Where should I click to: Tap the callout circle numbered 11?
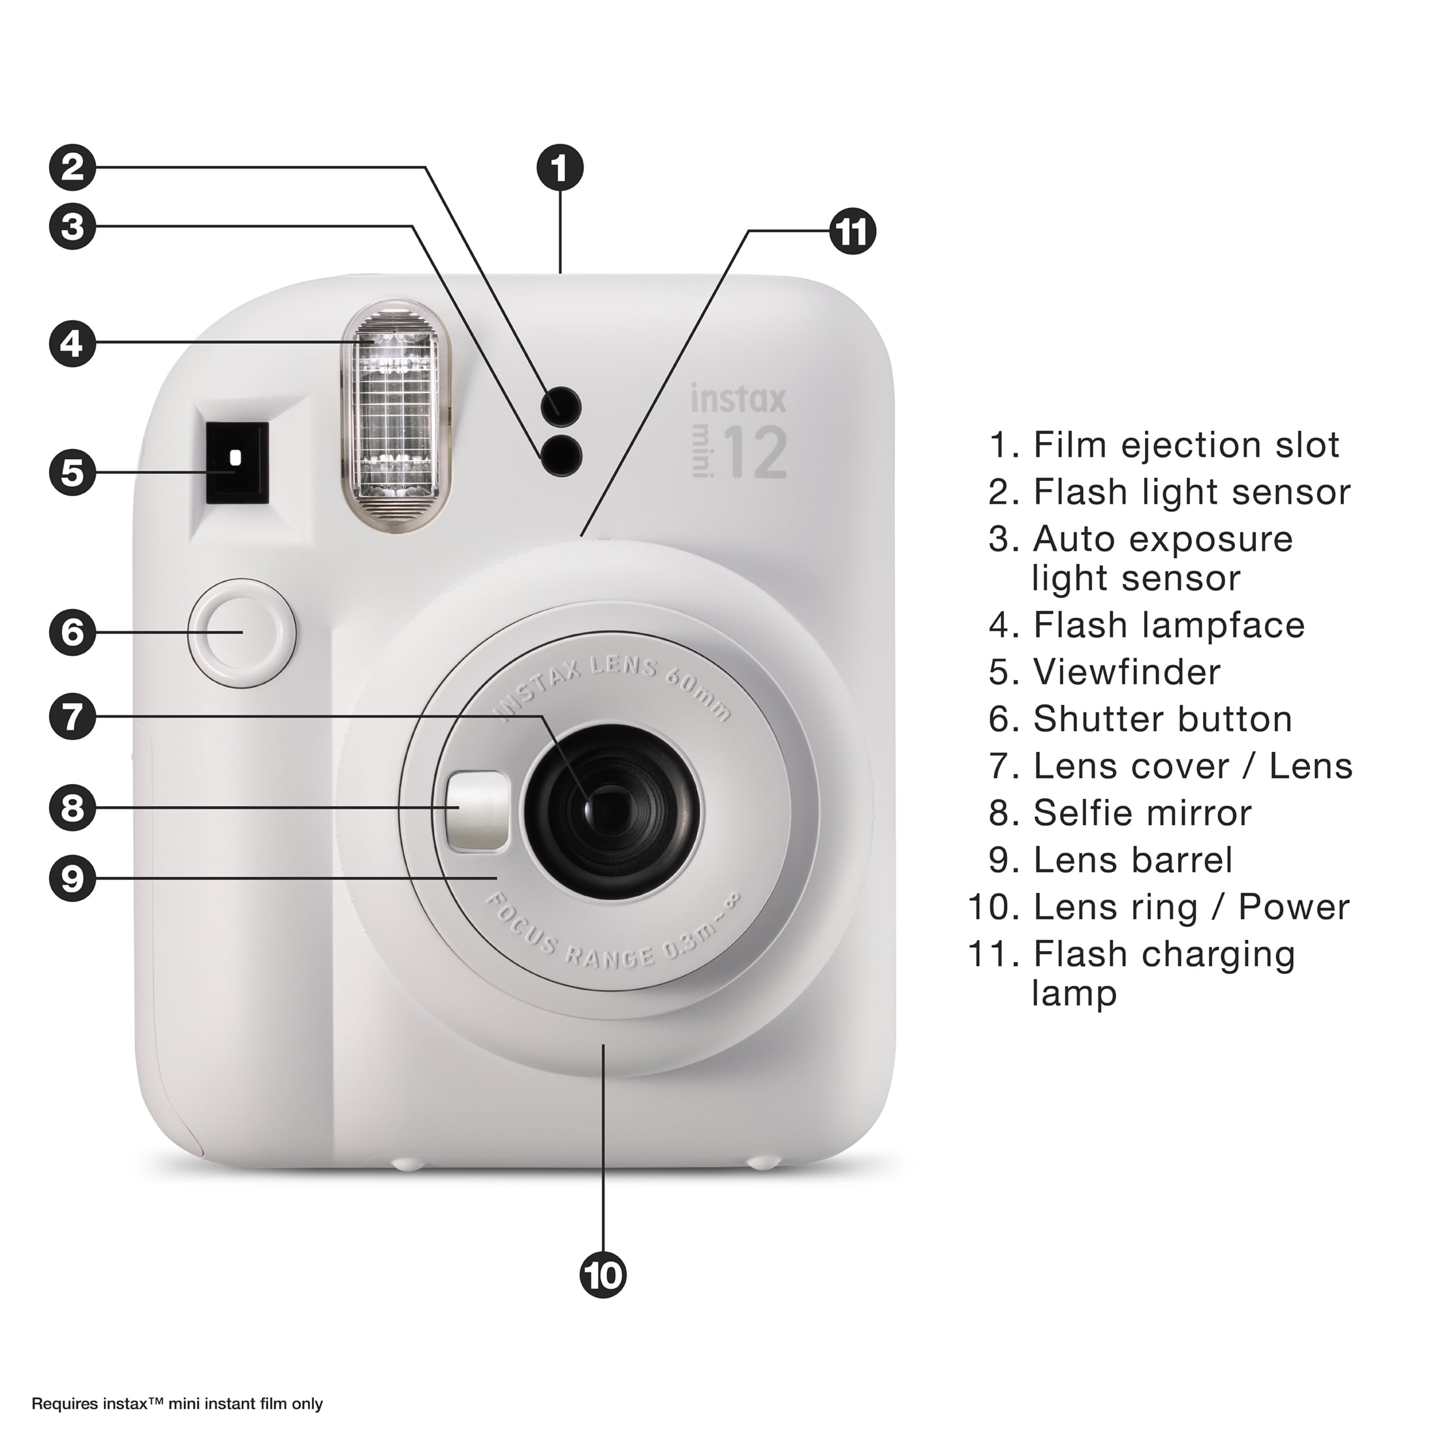click(x=852, y=232)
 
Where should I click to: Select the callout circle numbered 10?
click(x=602, y=1275)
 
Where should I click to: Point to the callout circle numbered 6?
click(x=72, y=632)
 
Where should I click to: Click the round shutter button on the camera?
click(x=242, y=632)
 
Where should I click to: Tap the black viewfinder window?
click(x=236, y=462)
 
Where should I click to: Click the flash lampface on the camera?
click(x=395, y=416)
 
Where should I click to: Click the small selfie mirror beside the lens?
click(x=478, y=811)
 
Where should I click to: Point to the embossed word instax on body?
click(x=738, y=399)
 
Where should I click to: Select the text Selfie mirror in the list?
click(x=1142, y=813)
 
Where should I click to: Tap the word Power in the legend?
click(x=1293, y=907)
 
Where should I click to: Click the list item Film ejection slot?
click(x=1185, y=445)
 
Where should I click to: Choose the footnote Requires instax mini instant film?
click(x=177, y=1403)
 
